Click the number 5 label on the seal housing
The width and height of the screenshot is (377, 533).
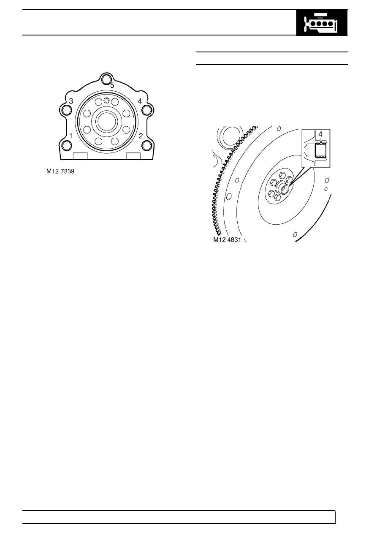[112, 85]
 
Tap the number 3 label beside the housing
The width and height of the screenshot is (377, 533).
[71, 101]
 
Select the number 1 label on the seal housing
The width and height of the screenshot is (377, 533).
[71, 136]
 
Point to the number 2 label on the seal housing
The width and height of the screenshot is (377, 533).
[141, 136]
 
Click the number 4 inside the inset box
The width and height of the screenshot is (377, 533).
[320, 134]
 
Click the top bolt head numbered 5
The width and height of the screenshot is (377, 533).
[105, 79]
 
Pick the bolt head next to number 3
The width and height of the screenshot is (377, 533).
[66, 110]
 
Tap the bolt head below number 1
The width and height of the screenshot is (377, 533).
[66, 145]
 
